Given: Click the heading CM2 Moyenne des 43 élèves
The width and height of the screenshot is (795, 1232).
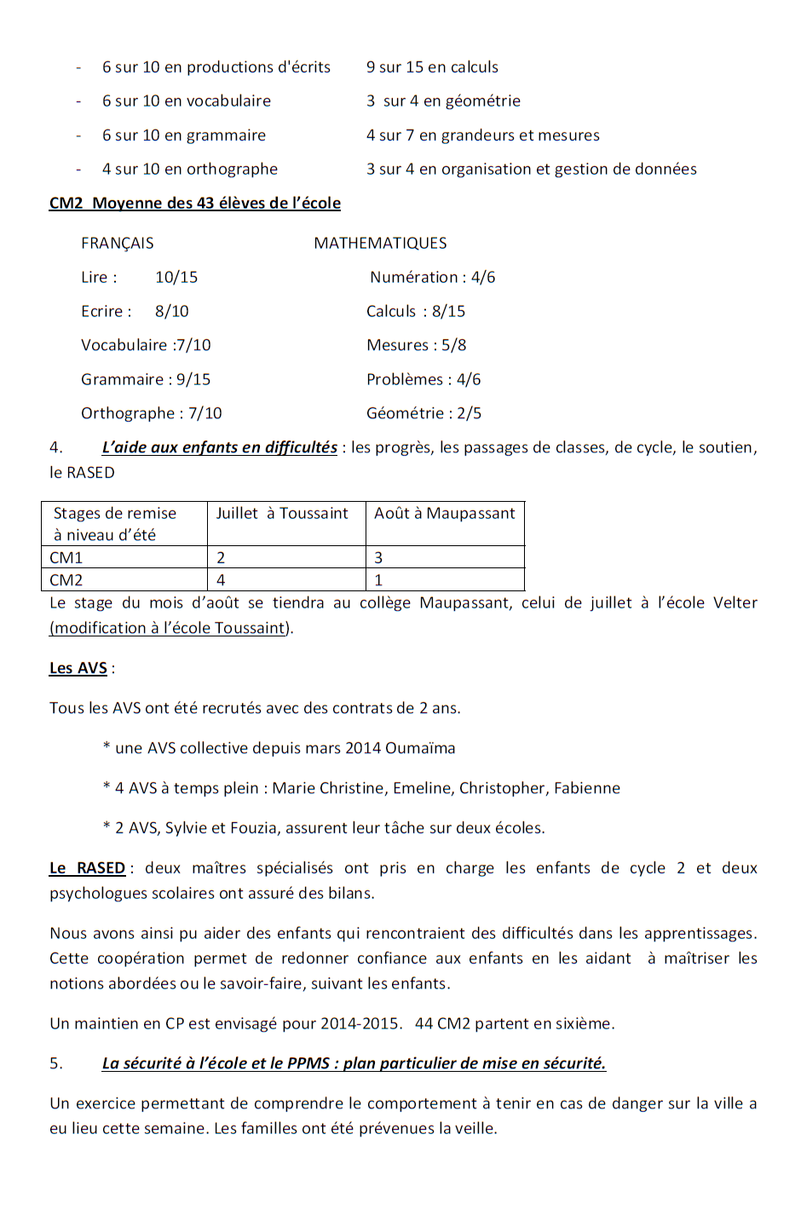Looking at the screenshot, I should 195,203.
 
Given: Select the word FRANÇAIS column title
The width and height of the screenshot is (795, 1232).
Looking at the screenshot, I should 118,244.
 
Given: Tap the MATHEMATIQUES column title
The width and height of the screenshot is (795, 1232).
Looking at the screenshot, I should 380,244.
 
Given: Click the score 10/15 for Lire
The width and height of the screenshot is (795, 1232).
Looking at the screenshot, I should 176,278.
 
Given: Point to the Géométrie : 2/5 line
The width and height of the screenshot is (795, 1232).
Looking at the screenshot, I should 423,413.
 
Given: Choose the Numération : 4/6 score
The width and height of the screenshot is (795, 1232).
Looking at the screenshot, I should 432,278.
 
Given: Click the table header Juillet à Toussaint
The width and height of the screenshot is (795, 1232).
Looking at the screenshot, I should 282,514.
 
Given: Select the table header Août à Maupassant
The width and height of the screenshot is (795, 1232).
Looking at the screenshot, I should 445,514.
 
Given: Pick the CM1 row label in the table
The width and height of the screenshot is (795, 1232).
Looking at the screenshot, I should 66,558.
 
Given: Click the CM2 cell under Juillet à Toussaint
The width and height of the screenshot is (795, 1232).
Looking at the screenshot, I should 222,580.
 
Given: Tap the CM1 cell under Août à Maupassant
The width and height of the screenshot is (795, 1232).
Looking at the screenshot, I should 379,558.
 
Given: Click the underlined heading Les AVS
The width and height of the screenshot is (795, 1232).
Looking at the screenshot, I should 78,668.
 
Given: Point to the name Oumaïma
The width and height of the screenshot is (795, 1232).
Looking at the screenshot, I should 420,748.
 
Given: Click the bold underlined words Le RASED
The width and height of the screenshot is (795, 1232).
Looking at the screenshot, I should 88,868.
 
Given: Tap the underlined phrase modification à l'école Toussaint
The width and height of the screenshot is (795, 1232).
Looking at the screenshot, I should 170,628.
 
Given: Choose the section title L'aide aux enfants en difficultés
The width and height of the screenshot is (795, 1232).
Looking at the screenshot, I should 219,447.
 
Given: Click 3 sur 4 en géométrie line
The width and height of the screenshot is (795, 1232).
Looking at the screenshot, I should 443,101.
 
